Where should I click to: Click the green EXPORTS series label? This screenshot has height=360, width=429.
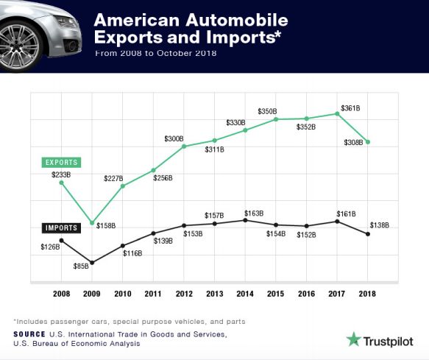61,161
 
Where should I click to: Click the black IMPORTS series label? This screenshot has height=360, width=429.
61,228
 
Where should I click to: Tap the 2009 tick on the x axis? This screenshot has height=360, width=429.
91,293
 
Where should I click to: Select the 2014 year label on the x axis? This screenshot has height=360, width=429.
245,293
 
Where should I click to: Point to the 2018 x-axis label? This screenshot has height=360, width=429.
367,293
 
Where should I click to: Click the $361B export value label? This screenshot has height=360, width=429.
350,108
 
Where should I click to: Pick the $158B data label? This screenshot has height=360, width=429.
106,225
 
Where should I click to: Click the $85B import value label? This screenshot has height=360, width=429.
81,266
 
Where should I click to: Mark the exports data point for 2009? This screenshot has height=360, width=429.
91,222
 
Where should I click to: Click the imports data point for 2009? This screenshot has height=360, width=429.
91,262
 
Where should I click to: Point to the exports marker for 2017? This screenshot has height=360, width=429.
337,113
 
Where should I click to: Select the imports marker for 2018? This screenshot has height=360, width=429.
367,234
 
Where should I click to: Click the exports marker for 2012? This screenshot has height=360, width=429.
183,147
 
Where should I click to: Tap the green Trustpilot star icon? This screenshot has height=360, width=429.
354,340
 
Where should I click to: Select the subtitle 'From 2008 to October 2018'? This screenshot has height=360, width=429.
155,54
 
